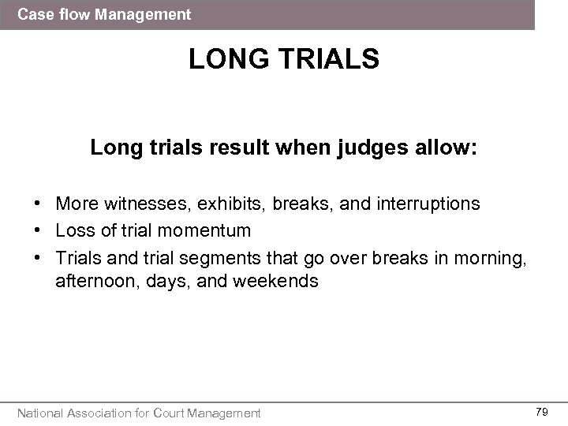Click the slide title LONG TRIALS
[284, 61]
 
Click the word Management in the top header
[149, 14]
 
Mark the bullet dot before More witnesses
[38, 204]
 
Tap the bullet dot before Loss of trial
[38, 231]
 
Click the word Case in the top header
[33, 14]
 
